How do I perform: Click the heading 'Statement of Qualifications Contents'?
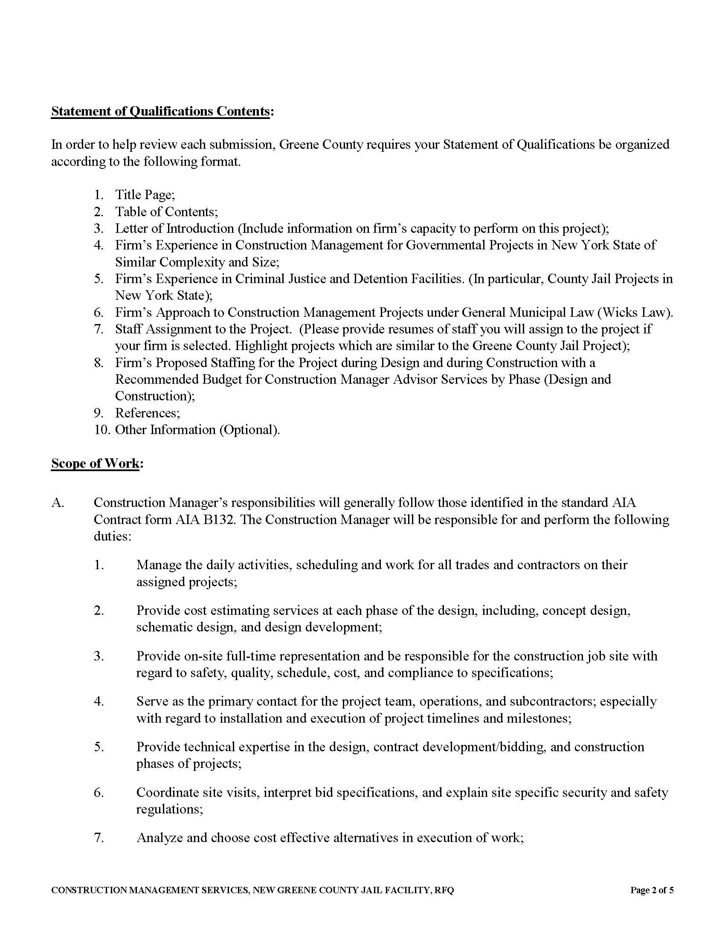(160, 111)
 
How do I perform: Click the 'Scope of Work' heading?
(95, 463)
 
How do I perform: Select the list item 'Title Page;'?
(145, 195)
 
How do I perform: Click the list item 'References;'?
(147, 413)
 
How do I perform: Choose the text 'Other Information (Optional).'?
(197, 430)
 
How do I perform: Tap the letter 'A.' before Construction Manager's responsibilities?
(58, 503)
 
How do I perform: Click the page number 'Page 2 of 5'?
(652, 890)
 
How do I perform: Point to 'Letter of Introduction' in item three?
(174, 229)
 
